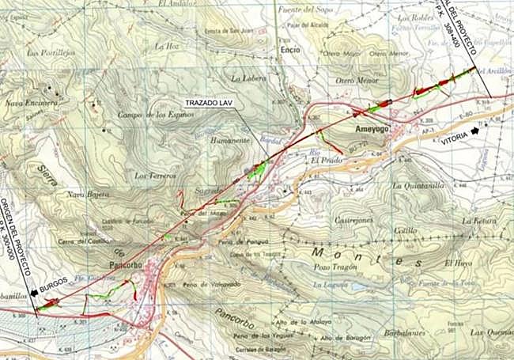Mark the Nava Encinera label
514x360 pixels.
click(x=31, y=103)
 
